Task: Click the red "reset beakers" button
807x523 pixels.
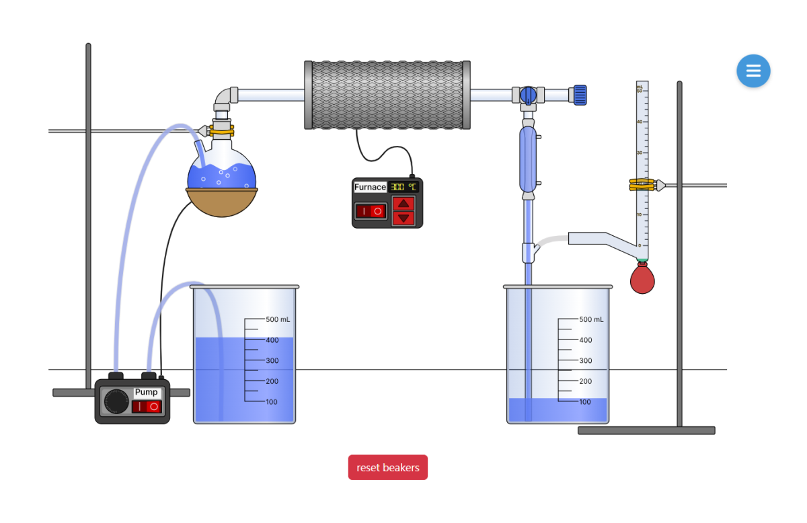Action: point(387,468)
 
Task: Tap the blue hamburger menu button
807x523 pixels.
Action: point(753,71)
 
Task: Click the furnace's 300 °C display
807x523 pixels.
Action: point(403,187)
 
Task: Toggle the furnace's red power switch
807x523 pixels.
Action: point(371,211)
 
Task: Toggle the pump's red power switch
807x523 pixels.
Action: point(147,407)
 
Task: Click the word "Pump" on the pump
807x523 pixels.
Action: point(146,392)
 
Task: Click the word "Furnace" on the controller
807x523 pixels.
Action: point(370,187)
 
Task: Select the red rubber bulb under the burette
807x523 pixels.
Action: point(642,278)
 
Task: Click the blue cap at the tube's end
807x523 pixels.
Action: point(580,95)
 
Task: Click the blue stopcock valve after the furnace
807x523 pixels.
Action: point(529,95)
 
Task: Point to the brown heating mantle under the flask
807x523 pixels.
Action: point(222,202)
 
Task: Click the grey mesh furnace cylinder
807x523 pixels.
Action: point(387,95)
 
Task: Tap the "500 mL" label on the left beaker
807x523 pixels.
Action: point(278,319)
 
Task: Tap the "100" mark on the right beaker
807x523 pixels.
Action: point(585,402)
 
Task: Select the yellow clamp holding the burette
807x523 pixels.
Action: point(642,184)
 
